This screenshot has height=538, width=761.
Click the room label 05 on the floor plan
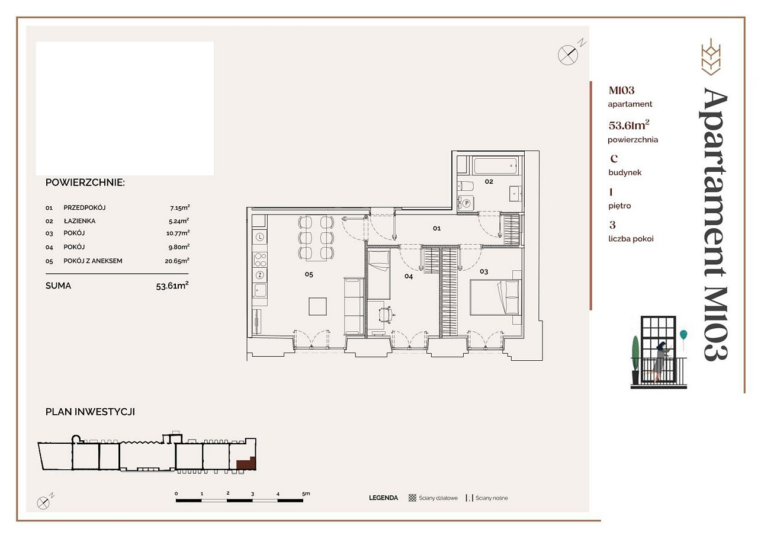(309, 274)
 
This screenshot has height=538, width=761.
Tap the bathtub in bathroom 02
(495, 166)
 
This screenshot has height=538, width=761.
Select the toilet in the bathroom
(465, 186)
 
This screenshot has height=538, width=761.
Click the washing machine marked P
(465, 203)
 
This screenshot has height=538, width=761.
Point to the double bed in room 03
(495, 297)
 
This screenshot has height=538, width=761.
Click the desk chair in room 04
(386, 315)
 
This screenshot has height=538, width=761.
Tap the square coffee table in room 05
(317, 306)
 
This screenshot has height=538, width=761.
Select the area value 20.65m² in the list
(177, 261)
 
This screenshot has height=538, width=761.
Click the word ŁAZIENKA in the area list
(79, 221)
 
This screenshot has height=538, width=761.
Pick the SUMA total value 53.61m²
(172, 286)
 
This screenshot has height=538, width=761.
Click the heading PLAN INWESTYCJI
(90, 412)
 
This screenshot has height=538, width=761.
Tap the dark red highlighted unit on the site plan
(246, 463)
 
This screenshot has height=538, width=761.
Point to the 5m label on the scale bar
(306, 494)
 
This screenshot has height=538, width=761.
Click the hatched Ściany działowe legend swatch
(412, 498)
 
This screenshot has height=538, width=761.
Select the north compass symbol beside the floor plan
(568, 55)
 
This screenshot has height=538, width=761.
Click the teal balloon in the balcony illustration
(683, 335)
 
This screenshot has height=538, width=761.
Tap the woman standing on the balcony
(659, 361)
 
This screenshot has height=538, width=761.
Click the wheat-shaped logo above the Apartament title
(711, 57)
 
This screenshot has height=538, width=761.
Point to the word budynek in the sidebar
(625, 172)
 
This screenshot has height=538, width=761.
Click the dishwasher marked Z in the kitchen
(260, 274)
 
